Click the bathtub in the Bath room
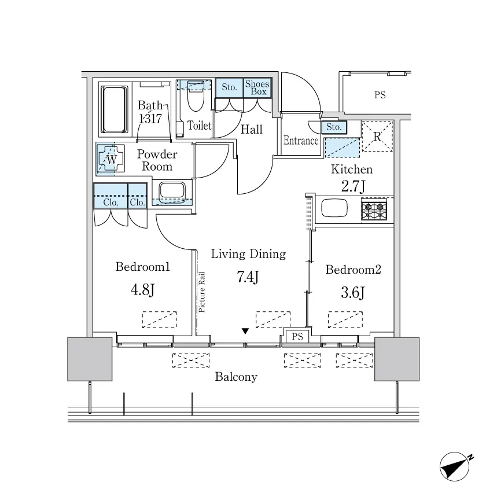114,109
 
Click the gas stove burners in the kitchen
374,209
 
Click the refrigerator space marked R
377,136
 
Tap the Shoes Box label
257,88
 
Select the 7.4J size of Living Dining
248,277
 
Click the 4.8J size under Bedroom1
142,289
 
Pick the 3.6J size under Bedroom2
353,293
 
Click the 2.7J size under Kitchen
353,186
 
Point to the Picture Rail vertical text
201,292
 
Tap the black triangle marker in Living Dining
245,331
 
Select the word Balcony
236,377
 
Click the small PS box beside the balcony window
297,336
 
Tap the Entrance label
301,141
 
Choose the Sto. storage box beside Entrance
334,127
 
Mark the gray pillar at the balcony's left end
90,359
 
